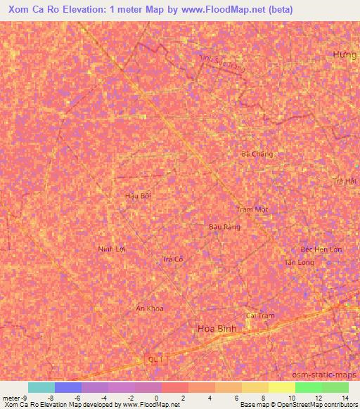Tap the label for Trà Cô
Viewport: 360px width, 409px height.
tap(172, 259)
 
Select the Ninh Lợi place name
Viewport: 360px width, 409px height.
tap(112, 249)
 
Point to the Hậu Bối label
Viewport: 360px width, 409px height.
tap(138, 195)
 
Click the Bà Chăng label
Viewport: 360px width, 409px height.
tap(256, 154)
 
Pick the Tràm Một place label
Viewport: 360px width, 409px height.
tap(253, 210)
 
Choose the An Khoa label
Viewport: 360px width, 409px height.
tap(149, 308)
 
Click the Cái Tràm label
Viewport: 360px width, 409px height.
tap(259, 316)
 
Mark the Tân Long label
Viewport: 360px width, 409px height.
tap(300, 262)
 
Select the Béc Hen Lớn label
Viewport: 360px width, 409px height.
tap(321, 249)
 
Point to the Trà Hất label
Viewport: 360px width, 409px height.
tap(346, 181)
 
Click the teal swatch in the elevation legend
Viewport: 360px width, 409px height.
tap(41, 387)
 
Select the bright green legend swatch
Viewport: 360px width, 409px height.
tap(308, 387)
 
